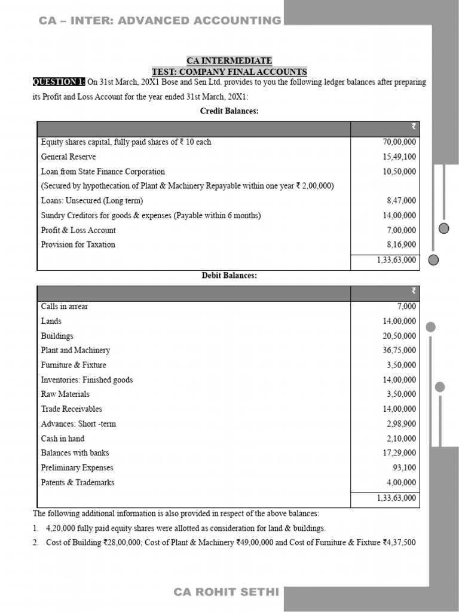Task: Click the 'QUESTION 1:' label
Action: click(x=59, y=82)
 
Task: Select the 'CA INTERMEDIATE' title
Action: click(x=229, y=61)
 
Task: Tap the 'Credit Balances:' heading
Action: click(x=229, y=112)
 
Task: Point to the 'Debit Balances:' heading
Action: click(x=229, y=276)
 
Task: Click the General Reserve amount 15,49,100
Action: click(x=399, y=157)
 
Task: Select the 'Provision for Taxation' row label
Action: click(x=78, y=244)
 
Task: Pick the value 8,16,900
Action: click(x=402, y=244)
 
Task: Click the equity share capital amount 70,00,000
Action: click(x=399, y=142)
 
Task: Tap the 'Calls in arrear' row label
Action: click(x=64, y=307)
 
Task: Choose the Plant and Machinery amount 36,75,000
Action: click(x=399, y=350)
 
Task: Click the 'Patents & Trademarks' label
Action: click(x=78, y=482)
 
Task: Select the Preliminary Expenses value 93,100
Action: click(x=404, y=468)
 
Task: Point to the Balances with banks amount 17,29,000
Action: click(x=399, y=453)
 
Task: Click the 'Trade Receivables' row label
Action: click(x=71, y=409)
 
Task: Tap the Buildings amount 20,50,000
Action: click(x=399, y=336)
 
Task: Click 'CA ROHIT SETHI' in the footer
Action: click(x=226, y=592)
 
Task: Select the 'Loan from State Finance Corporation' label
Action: click(x=103, y=172)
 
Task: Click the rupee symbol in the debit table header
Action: click(x=413, y=291)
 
